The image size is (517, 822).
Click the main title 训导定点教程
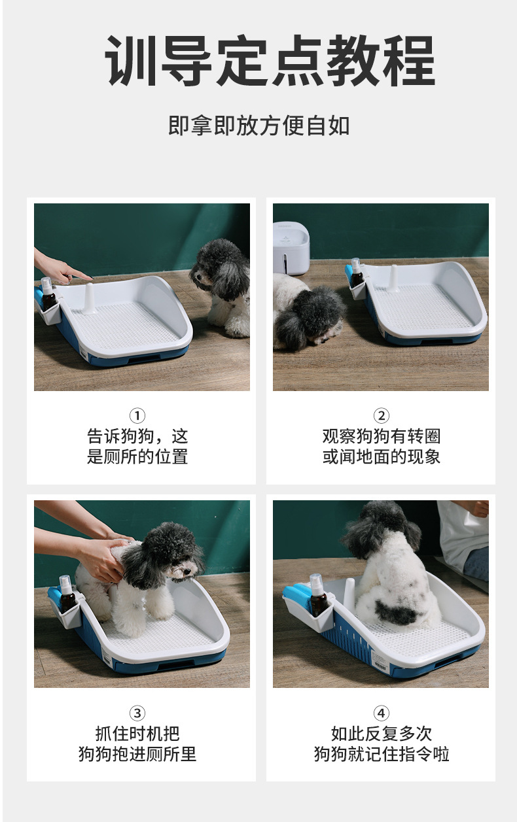(x=270, y=61)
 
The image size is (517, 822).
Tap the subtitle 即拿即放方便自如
(x=259, y=126)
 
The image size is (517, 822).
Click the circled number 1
(x=137, y=416)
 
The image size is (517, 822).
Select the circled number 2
(x=381, y=416)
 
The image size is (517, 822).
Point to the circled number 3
(x=137, y=713)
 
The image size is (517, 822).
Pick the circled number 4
(x=381, y=713)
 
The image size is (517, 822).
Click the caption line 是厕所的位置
(x=137, y=456)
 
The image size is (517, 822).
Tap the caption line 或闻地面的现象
(x=381, y=456)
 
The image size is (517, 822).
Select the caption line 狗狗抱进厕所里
(x=137, y=754)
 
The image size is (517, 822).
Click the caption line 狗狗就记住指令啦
(x=381, y=754)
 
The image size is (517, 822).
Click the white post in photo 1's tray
(x=88, y=299)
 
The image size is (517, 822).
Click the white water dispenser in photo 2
(x=291, y=247)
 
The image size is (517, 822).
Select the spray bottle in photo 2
(x=356, y=272)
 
